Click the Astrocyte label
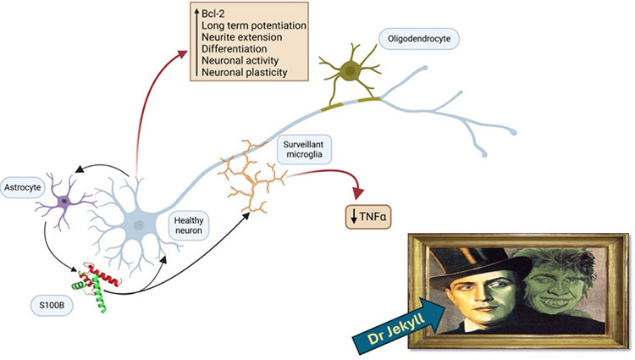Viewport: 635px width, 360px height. pyautogui.click(x=22, y=187)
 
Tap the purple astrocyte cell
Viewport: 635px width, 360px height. pyautogui.click(x=64, y=201)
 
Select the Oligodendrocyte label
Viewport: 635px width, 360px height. pyautogui.click(x=419, y=39)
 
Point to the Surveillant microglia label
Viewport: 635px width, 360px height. pyautogui.click(x=303, y=149)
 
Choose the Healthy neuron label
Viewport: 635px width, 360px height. pyautogui.click(x=188, y=225)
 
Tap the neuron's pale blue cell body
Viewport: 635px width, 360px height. pyautogui.click(x=139, y=224)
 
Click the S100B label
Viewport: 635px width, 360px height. pyautogui.click(x=52, y=306)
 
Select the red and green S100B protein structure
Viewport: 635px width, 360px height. pyautogui.click(x=97, y=285)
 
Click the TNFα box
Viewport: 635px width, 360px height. pyautogui.click(x=368, y=217)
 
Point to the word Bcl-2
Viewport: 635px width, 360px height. pyautogui.click(x=213, y=14)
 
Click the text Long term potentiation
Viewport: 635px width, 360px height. pyautogui.click(x=254, y=25)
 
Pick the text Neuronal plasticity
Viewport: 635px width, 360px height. pyautogui.click(x=245, y=73)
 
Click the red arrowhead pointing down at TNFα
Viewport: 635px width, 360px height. pyautogui.click(x=358, y=193)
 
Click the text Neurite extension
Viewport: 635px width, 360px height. pyautogui.click(x=242, y=37)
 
